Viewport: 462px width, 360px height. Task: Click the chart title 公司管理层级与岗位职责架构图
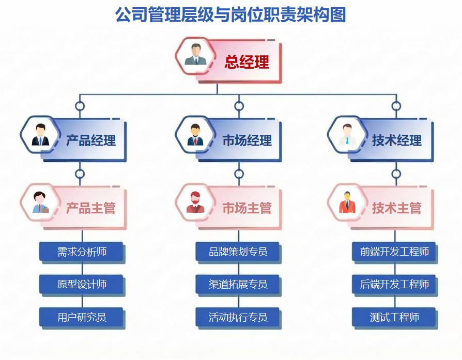230,15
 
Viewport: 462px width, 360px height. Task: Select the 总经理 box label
247,62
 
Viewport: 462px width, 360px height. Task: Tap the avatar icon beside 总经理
196,55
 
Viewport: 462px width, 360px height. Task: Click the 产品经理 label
90,140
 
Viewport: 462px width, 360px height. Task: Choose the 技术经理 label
396,140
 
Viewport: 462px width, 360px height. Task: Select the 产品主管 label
90,208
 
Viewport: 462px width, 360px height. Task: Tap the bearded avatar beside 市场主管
195,202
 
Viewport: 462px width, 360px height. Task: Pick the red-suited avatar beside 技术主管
347,202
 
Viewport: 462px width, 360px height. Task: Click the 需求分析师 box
82,252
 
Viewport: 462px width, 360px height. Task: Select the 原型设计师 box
82,284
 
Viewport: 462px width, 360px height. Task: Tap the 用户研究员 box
82,317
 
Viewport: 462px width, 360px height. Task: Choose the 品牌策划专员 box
238,252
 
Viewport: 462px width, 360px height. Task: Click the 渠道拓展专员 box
238,284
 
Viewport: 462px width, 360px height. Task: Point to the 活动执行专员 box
238,317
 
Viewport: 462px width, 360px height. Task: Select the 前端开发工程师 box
394,252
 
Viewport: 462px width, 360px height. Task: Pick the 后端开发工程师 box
394,284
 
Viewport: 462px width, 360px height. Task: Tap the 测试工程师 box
394,317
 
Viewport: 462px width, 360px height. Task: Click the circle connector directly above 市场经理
239,106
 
